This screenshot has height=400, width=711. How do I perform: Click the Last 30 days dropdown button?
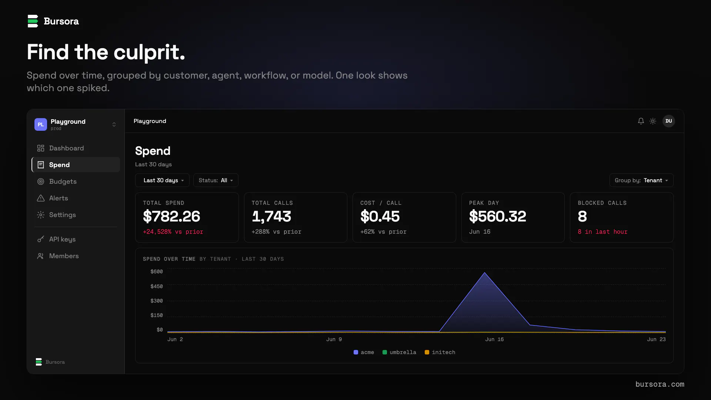pyautogui.click(x=162, y=180)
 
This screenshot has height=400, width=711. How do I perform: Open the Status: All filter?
pyautogui.click(x=216, y=180)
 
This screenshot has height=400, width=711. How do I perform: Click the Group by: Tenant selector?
pyautogui.click(x=641, y=180)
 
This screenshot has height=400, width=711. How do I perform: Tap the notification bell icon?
pyautogui.click(x=641, y=121)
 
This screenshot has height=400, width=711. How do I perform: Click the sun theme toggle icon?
pyautogui.click(x=653, y=121)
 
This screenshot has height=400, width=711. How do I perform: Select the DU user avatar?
pyautogui.click(x=669, y=121)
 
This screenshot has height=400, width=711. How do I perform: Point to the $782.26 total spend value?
pyautogui.click(x=171, y=216)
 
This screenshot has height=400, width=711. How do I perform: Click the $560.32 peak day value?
pyautogui.click(x=497, y=216)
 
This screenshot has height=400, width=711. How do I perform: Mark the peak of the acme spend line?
pyautogui.click(x=485, y=273)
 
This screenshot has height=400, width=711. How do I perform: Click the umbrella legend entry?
pyautogui.click(x=399, y=352)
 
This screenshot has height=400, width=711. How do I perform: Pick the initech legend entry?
pyautogui.click(x=440, y=352)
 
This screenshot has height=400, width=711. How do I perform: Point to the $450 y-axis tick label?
pyautogui.click(x=157, y=286)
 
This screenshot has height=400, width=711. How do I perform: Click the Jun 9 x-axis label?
pyautogui.click(x=334, y=339)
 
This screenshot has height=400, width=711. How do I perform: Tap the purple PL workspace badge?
pyautogui.click(x=41, y=124)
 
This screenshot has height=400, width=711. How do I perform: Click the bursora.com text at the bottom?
pyautogui.click(x=660, y=384)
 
